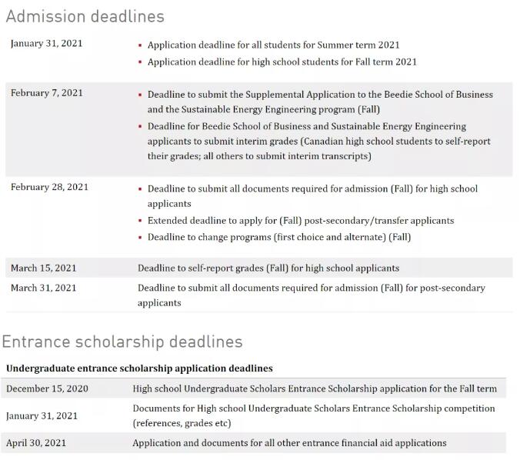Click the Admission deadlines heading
pos(85,15)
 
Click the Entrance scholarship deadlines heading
pos(122,342)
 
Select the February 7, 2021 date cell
pos(47,93)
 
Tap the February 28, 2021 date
pos(49,187)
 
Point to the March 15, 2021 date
pos(44,268)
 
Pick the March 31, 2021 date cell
pos(44,288)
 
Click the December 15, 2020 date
pos(47,388)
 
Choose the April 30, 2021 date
pos(36,443)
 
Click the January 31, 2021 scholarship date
pos(42,416)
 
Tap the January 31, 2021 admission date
pos(47,43)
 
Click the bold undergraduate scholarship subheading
pos(138,368)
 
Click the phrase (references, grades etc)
pos(182,423)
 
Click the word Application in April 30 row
pos(158,443)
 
